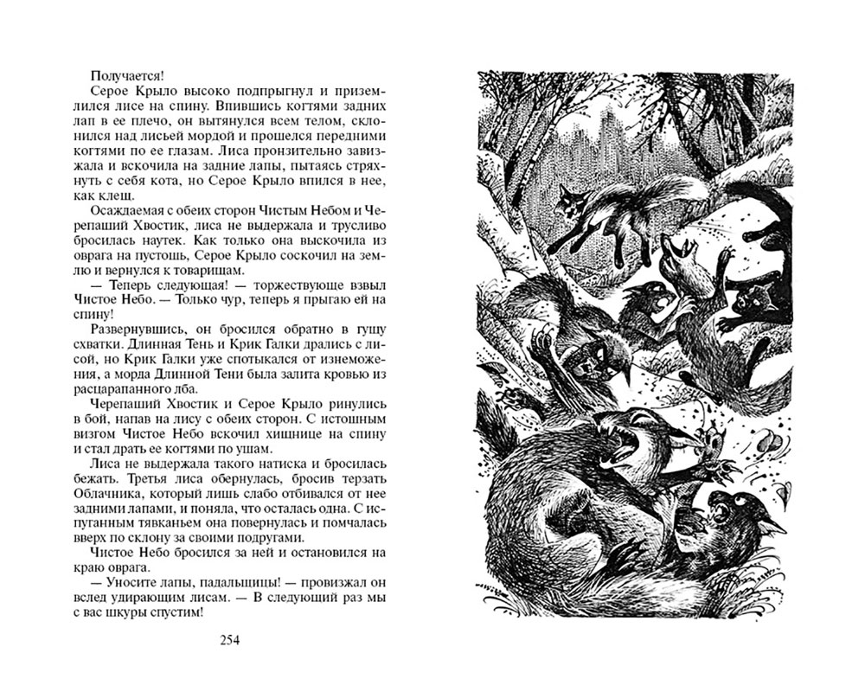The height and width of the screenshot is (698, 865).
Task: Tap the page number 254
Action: (229, 640)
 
